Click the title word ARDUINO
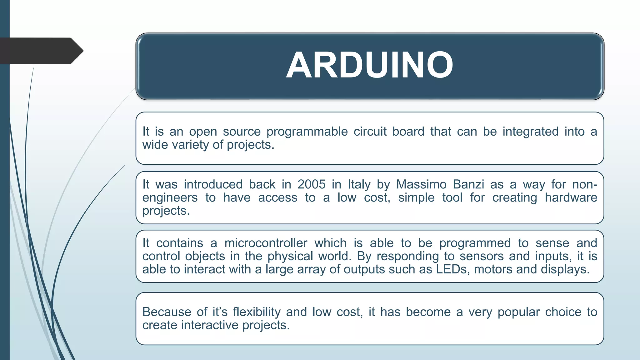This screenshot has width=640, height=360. click(x=369, y=65)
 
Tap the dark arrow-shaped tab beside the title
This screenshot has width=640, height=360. click(x=41, y=51)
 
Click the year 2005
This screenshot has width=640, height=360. click(x=311, y=184)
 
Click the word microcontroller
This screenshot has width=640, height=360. click(x=266, y=243)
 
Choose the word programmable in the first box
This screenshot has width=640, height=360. click(x=307, y=132)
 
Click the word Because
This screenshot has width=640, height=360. click(x=167, y=312)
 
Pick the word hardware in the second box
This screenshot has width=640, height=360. click(x=571, y=197)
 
